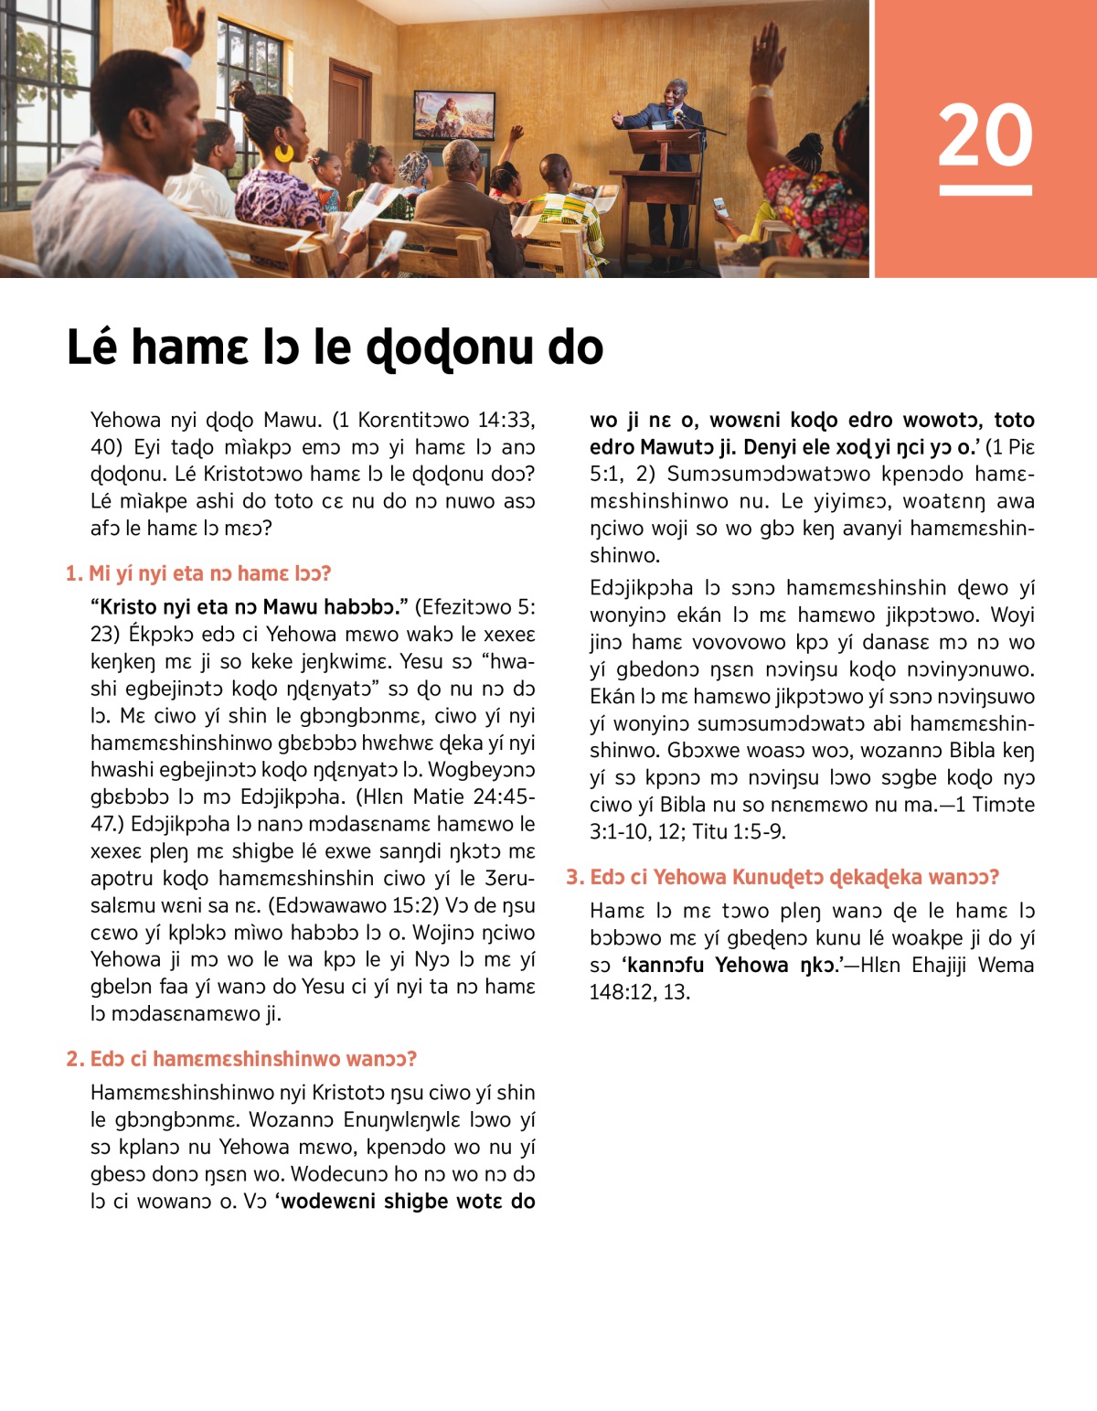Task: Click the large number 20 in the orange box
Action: click(985, 135)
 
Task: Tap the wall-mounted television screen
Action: click(454, 115)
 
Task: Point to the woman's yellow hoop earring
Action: click(284, 153)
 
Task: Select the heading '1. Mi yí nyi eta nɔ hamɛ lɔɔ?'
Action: click(198, 573)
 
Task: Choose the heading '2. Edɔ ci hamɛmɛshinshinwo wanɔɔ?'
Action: click(241, 1059)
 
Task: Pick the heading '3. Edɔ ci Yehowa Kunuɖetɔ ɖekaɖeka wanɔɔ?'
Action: click(783, 877)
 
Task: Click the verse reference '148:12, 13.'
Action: click(640, 992)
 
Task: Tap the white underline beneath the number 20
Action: click(985, 190)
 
